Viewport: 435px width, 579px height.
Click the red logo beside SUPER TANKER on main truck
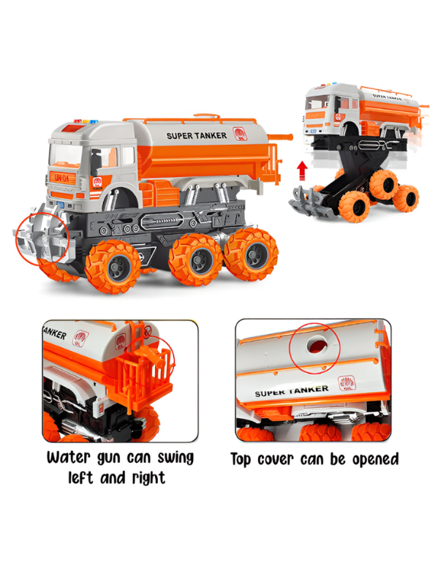click(x=238, y=133)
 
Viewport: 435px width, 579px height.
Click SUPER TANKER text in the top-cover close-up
click(x=293, y=392)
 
